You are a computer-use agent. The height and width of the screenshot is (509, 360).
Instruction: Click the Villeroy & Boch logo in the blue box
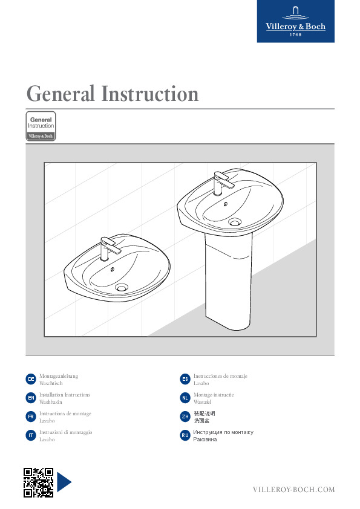pos(295,21)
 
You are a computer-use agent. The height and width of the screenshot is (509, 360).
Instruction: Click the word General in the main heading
pos(61,94)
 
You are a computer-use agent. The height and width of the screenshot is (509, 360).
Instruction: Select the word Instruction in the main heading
pos(150,94)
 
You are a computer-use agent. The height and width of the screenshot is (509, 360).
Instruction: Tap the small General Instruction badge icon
pos(41,126)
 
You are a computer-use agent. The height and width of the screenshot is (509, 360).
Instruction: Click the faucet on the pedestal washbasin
pos(223,183)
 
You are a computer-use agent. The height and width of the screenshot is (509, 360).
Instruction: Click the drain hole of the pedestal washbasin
pos(234,222)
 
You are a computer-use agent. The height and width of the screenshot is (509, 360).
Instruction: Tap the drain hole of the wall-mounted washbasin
pos(121,287)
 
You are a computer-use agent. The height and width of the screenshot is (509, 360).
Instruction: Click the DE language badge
pos(31,379)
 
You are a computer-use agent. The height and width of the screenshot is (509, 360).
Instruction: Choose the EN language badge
pos(31,398)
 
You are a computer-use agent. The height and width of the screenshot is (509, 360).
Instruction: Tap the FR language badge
pos(31,417)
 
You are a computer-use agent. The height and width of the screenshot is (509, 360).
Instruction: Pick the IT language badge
pos(31,435)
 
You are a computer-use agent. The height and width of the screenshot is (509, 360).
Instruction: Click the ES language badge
pos(185,379)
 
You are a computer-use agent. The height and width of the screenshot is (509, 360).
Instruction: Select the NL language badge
pos(185,398)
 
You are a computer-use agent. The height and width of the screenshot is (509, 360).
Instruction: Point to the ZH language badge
pos(185,417)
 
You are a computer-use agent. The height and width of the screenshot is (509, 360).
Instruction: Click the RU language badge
pos(185,435)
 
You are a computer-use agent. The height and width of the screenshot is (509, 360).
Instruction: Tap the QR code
pos(38,482)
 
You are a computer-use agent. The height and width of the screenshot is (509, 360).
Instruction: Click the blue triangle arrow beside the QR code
pos(64,482)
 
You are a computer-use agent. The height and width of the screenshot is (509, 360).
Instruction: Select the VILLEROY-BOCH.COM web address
pos(293,490)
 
